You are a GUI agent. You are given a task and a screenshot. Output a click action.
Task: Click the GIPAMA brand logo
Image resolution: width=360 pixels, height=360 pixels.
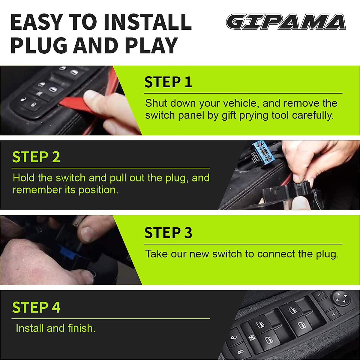point(286,22)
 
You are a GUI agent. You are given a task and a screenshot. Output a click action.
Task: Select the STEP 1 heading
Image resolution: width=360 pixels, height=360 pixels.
point(168,82)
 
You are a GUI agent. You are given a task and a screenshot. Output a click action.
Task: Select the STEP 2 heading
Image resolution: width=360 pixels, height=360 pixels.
point(36,157)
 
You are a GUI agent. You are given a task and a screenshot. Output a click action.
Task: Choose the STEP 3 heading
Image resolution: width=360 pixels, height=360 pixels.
point(168,233)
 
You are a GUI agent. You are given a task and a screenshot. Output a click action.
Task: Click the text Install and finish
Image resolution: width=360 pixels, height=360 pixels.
point(55,328)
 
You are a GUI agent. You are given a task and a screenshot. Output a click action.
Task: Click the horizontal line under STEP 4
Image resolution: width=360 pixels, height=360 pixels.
point(111,319)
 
